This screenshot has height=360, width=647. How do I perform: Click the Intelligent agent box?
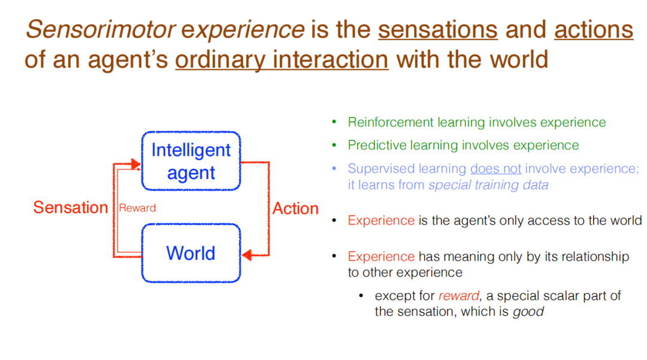coord(191,161)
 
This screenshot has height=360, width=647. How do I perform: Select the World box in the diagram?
coord(191,253)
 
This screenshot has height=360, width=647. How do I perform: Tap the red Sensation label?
coord(71,207)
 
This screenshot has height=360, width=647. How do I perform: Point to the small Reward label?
coord(137,208)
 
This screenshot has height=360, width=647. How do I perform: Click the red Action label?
coord(295,208)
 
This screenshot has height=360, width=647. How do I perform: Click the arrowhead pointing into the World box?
coord(247,255)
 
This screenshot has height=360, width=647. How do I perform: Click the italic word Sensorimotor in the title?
coord(101,30)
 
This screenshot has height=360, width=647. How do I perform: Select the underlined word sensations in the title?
coord(438,30)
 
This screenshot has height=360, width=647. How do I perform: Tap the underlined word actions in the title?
coord(593,30)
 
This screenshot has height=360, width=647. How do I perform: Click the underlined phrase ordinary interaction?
coord(282,60)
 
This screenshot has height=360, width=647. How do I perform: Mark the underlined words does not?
coord(495,169)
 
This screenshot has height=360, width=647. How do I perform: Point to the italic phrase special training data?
coord(489,185)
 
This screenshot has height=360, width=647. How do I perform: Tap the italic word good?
coord(528,311)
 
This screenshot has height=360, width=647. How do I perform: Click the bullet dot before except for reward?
coord(361,295)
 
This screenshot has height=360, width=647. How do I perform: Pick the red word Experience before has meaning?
coord(381,256)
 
